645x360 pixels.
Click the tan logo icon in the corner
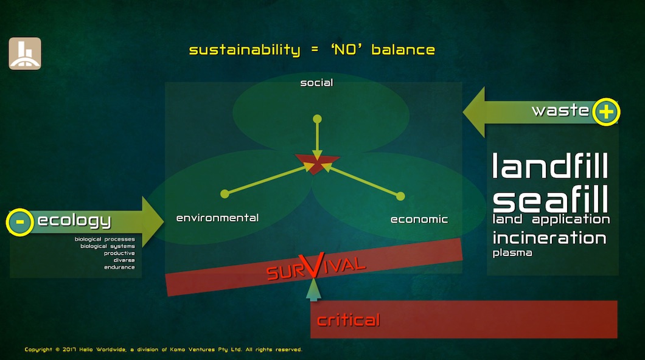point(25,54)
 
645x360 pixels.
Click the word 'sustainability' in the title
point(245,50)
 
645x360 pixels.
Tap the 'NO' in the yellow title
point(346,50)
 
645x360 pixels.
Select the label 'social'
point(316,83)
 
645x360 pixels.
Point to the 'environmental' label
point(217,218)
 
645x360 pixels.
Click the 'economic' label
point(419,220)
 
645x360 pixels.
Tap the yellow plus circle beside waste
point(606,112)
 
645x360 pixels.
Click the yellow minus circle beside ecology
point(19,223)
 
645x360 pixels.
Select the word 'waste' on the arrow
point(560,110)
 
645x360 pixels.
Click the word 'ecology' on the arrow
point(74,221)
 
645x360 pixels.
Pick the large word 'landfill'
point(550,165)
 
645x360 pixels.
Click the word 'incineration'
point(549,238)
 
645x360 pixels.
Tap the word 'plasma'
point(512,253)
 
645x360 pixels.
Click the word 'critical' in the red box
point(348,320)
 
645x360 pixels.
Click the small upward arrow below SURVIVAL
point(313,289)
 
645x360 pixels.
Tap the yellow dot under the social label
point(317,119)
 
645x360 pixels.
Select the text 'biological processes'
point(105,239)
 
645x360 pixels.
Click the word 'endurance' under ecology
point(119,267)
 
